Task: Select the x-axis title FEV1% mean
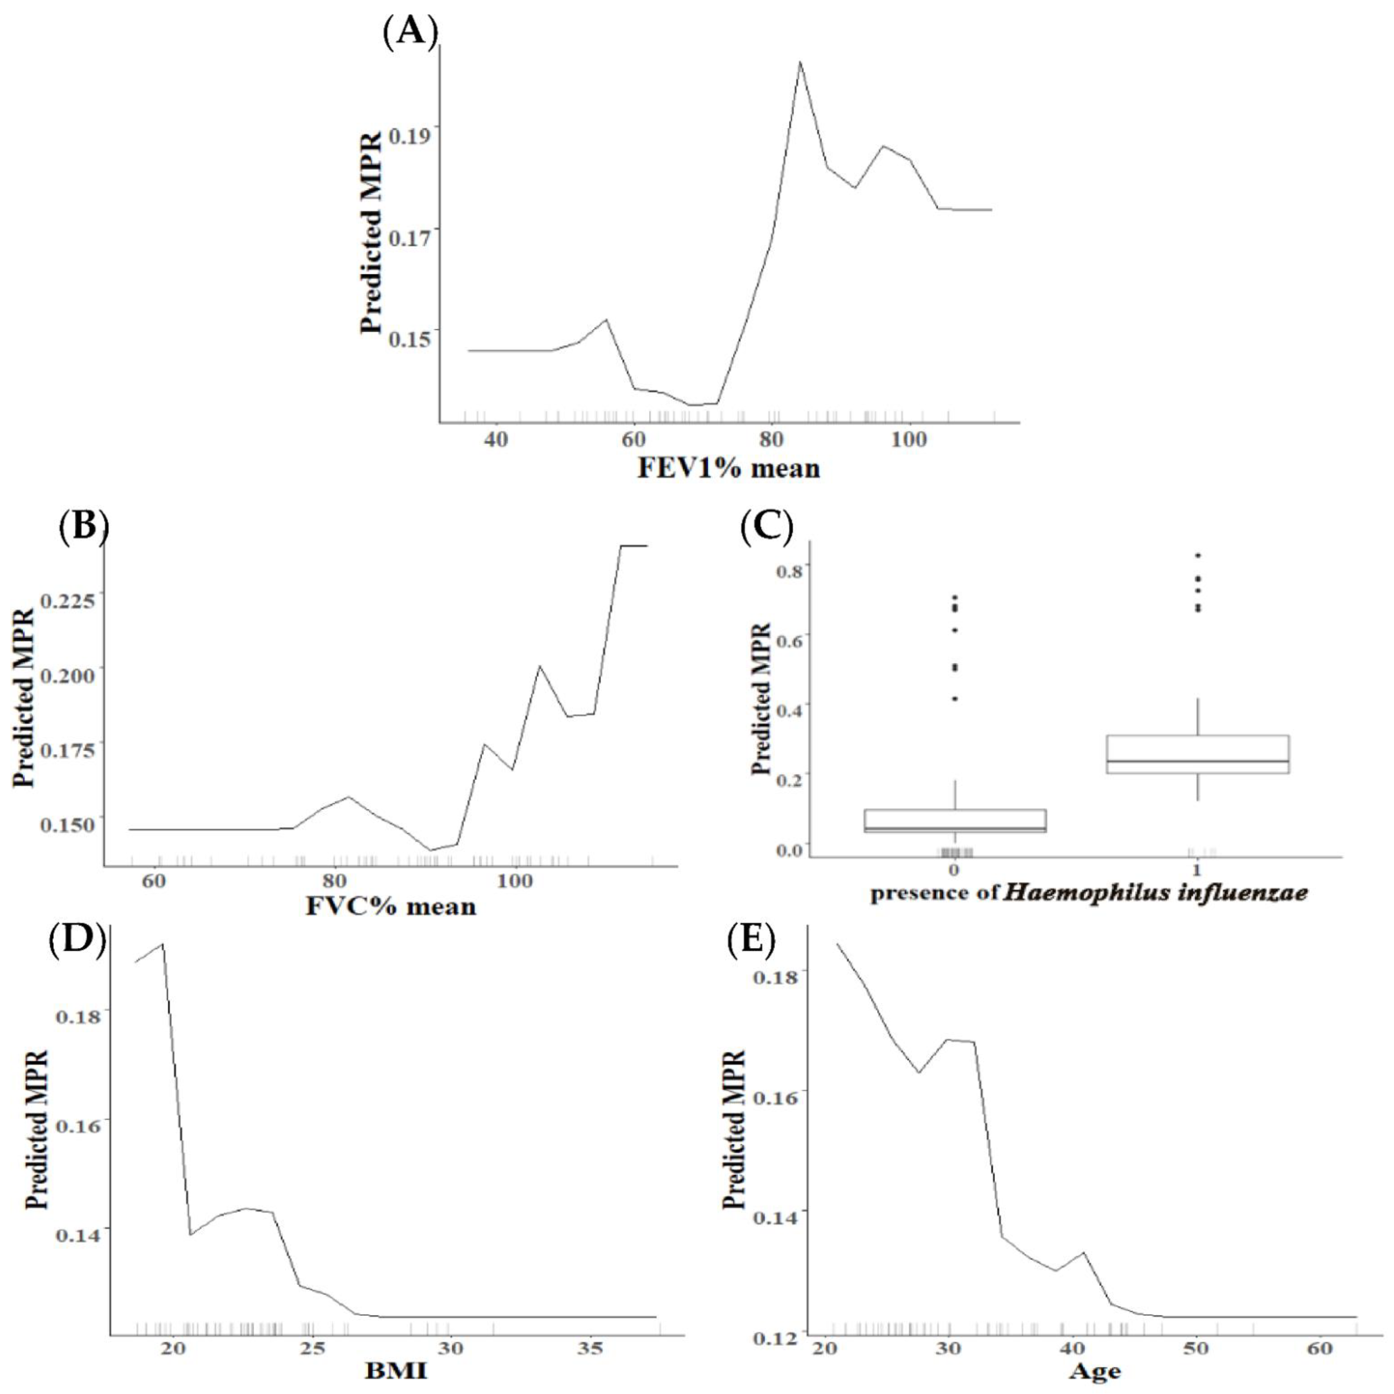[729, 468]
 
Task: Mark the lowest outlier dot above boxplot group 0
[955, 698]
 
